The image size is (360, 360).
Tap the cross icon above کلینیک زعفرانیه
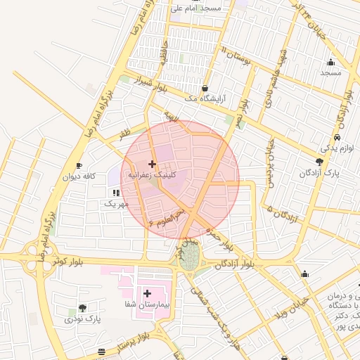152,164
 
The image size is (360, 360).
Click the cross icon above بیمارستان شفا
147,293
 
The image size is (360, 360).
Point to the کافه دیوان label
79,176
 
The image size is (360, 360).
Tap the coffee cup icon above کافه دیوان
79,165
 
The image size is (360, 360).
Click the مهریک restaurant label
117,204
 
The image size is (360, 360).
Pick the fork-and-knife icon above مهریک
115,193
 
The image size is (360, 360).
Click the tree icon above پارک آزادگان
320,162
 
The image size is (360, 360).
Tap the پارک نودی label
84,319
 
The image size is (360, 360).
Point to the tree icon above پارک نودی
83,308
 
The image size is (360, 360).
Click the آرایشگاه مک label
204,100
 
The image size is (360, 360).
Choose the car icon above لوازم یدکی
338,137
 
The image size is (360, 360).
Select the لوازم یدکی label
336,148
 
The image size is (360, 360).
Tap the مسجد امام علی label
196,8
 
